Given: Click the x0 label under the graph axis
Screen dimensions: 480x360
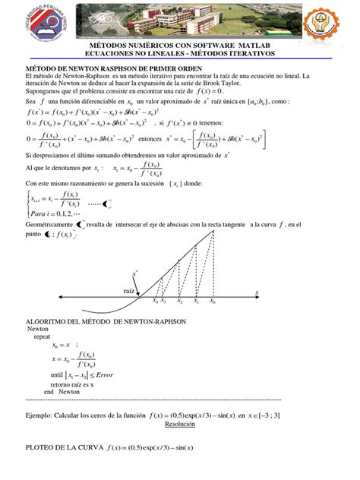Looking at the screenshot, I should pos(213,302).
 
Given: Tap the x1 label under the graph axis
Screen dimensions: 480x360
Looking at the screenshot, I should pos(196,302).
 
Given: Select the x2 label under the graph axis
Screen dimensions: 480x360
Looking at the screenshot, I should pos(179,302).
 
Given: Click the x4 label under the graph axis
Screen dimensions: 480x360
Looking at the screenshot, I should pos(154,302).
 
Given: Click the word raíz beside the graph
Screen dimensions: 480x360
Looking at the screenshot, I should pos(128,290).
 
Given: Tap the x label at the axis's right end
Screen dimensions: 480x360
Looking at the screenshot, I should pos(257,292).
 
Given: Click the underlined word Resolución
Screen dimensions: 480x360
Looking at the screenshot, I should pos(179,426).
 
